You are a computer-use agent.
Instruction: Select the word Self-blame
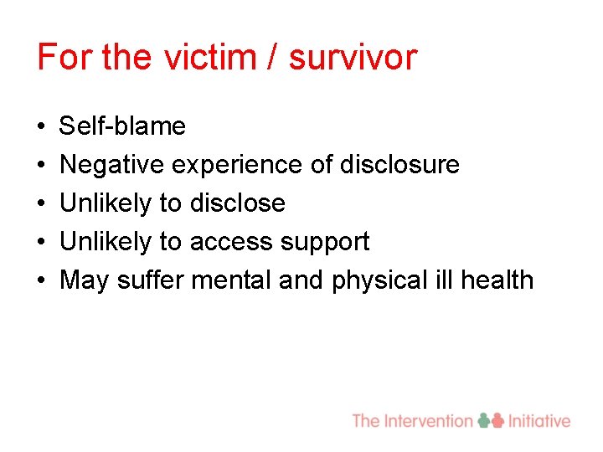click(x=123, y=126)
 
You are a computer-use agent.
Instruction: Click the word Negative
click(x=112, y=165)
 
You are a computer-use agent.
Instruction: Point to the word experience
click(x=237, y=165)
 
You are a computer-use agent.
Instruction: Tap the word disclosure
click(x=399, y=165)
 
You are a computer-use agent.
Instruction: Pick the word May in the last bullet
click(x=85, y=280)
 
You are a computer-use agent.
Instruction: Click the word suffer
click(x=151, y=280)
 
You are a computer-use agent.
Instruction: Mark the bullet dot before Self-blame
click(x=42, y=127)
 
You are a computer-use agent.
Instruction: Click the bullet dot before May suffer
click(x=42, y=281)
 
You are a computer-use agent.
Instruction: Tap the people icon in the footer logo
click(x=491, y=420)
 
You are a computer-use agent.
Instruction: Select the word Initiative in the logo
click(x=539, y=420)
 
